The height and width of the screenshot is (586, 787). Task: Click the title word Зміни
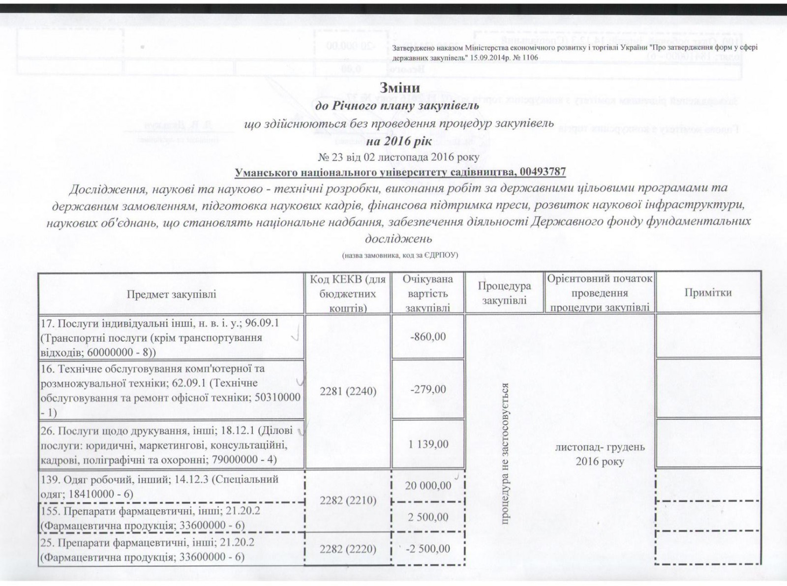pyautogui.click(x=399, y=88)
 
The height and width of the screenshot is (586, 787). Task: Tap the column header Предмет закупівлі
pyautogui.click(x=171, y=294)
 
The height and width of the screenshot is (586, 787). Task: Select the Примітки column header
pyautogui.click(x=708, y=292)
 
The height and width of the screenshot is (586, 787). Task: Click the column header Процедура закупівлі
pyautogui.click(x=504, y=293)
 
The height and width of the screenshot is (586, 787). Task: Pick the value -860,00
pyautogui.click(x=428, y=337)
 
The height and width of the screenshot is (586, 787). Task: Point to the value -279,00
pyautogui.click(x=428, y=389)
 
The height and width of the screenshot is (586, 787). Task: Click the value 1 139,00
pyautogui.click(x=428, y=444)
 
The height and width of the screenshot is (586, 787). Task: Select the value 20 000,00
pyautogui.click(x=428, y=486)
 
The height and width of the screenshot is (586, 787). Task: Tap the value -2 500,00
pyautogui.click(x=427, y=549)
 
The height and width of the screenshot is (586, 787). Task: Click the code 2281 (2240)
pyautogui.click(x=348, y=391)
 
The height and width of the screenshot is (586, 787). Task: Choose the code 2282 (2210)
pyautogui.click(x=348, y=500)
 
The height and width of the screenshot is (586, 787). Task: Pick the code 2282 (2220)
pyautogui.click(x=348, y=549)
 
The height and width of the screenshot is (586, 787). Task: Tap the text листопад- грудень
pyautogui.click(x=600, y=447)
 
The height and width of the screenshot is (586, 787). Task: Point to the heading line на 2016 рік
pyautogui.click(x=399, y=141)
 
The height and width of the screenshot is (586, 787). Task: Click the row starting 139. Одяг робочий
pyautogui.click(x=160, y=486)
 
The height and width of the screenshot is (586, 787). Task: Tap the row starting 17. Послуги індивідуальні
pyautogui.click(x=160, y=338)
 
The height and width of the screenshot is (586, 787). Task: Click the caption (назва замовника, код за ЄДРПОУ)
pyautogui.click(x=399, y=255)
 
